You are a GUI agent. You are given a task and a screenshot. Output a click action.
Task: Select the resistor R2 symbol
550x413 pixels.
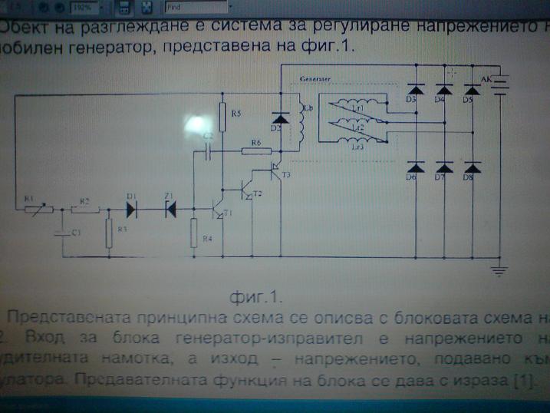pyautogui.click(x=83, y=208)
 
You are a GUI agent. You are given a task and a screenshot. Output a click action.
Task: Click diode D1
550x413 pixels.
pyautogui.click(x=130, y=208)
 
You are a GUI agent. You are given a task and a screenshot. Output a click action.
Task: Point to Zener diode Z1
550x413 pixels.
pyautogui.click(x=170, y=208)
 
